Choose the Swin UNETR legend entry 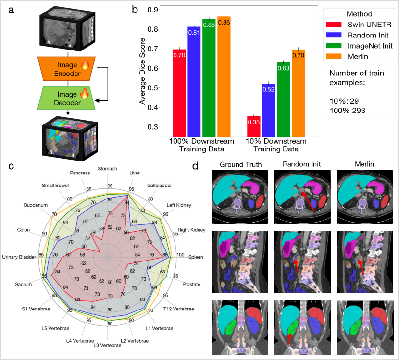[x=358, y=24]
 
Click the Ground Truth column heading [x=240, y=165]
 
